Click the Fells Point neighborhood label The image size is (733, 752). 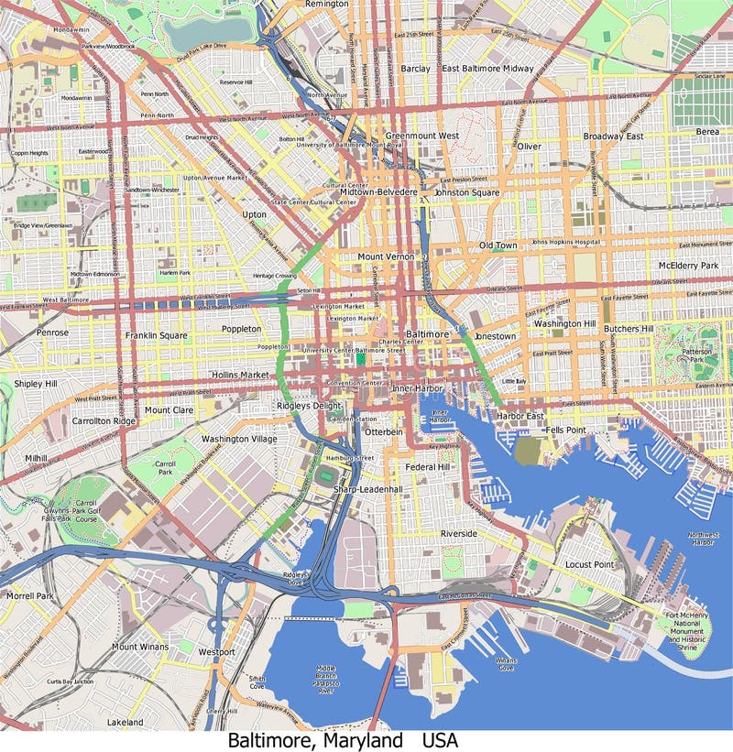tap(565, 430)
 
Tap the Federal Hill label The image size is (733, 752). tap(427, 467)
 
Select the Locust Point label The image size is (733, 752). tap(588, 565)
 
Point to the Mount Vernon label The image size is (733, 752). tap(386, 257)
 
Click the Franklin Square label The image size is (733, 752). tap(156, 336)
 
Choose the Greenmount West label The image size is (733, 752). tap(421, 136)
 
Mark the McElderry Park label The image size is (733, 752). tap(688, 266)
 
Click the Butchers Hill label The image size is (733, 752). tap(628, 329)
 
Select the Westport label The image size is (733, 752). tap(216, 652)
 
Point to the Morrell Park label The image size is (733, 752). tap(30, 596)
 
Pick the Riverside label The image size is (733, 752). tap(458, 533)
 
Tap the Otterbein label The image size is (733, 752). tap(383, 431)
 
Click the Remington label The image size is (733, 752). tap(326, 5)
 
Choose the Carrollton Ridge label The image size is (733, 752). tap(104, 421)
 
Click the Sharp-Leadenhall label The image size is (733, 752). tap(367, 490)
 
